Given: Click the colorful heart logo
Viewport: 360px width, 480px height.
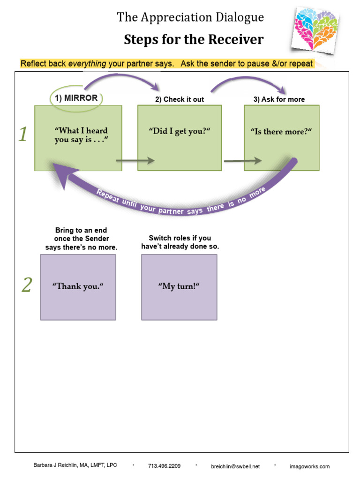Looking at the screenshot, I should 315,29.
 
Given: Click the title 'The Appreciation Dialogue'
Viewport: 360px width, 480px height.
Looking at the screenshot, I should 190,17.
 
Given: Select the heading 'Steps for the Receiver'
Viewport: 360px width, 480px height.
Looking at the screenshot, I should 194,40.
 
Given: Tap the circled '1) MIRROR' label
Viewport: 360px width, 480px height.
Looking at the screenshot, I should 76,98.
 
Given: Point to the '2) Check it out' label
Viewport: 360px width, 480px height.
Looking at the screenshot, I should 180,99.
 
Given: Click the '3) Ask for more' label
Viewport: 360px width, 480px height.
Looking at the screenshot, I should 279,99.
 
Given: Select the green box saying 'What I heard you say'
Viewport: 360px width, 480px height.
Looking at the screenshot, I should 78,137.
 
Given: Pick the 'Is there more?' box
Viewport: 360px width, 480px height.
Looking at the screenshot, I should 281,137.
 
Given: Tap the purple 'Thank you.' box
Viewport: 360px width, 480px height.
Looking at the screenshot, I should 78,287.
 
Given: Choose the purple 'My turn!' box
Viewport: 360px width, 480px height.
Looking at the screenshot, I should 179,287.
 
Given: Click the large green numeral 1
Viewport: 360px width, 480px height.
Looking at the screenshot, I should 23,135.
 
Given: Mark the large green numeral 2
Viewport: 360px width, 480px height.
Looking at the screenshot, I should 27,285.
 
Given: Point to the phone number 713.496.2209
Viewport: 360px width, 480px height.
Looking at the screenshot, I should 164,466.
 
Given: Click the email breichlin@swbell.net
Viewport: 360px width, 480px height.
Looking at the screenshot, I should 235,466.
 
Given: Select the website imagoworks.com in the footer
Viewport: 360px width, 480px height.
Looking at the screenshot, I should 309,466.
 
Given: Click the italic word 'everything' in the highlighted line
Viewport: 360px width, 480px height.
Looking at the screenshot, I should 87,64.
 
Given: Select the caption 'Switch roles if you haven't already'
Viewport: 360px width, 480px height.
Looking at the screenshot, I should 180,242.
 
